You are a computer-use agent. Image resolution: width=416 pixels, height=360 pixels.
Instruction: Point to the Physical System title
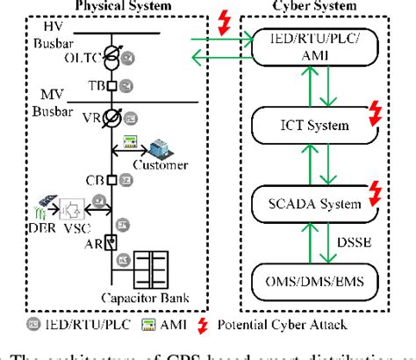point(111,5)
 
